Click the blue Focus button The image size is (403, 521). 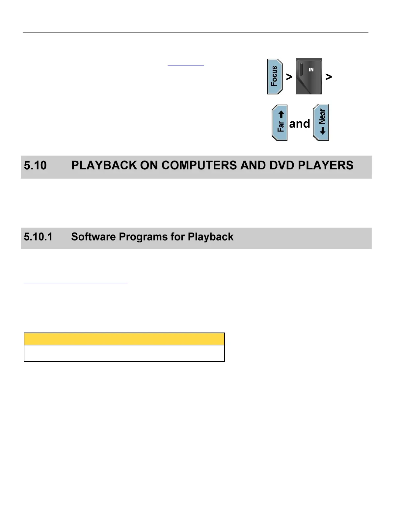coord(275,77)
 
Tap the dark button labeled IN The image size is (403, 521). coord(309,76)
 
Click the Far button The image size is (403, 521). coord(280,123)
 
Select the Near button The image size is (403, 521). coord(321,122)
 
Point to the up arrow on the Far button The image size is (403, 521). coord(281,114)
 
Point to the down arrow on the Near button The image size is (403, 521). coord(323,131)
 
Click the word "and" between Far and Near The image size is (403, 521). coord(300,124)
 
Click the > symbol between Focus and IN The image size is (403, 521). coord(289,77)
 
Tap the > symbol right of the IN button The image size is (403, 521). coord(329,77)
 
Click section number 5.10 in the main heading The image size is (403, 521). coord(35,165)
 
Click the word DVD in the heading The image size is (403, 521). coord(282,165)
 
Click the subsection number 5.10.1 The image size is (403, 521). coord(38,237)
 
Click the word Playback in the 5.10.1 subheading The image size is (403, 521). coord(210,237)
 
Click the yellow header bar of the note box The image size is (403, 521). coord(124,339)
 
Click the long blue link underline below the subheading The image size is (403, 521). coord(76,283)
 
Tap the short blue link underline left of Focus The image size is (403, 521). coord(186,65)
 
